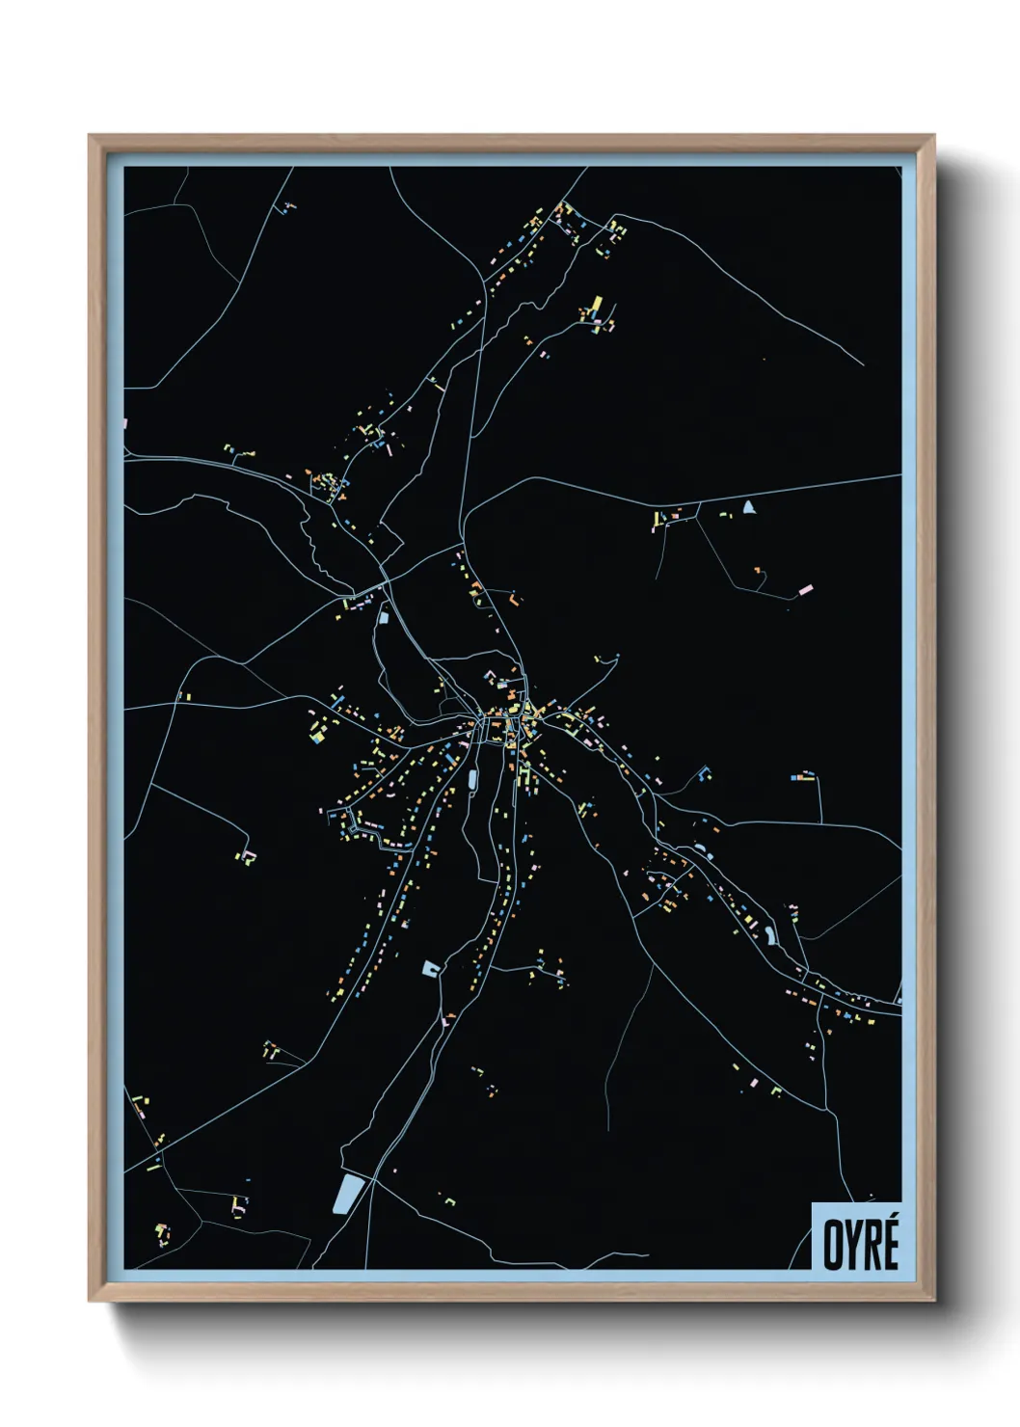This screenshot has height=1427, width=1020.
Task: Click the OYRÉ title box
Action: coord(856,1236)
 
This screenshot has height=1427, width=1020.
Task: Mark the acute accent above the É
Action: coord(890,1217)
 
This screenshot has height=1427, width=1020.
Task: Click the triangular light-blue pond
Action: coord(749,506)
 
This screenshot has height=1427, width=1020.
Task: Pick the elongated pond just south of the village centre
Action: coord(472,777)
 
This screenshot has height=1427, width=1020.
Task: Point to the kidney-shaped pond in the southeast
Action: coord(770,933)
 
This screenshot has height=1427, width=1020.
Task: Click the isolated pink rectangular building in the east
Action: coord(804,588)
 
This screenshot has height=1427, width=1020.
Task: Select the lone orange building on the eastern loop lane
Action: coord(758,570)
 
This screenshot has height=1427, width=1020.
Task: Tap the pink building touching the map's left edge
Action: coord(126,421)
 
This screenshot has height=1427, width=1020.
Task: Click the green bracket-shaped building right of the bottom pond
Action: coord(449,1200)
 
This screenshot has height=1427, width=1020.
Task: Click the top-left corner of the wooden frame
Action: coord(90,136)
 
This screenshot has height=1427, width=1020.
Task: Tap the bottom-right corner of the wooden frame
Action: coord(934,1302)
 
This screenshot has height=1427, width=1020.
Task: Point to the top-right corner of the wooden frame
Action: coord(934,136)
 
